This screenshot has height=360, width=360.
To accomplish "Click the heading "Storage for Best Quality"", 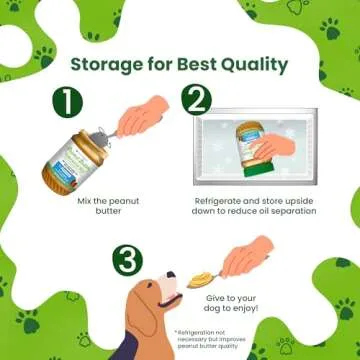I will click(x=179, y=64).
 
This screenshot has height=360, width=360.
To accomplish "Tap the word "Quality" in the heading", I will click(x=256, y=64).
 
